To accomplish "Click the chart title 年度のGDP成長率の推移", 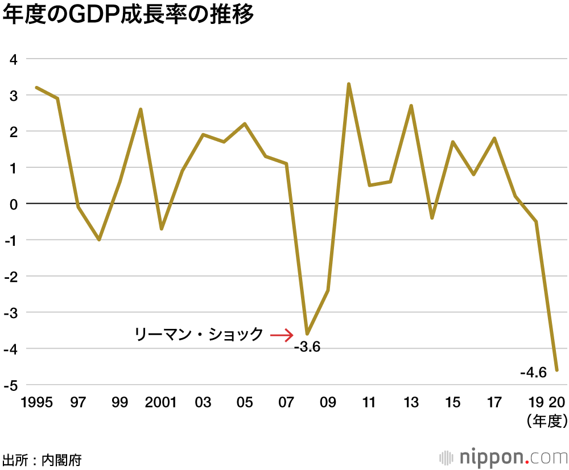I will coord(127,16).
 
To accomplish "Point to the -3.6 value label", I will coord(307,347).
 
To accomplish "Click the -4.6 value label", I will coord(533,373).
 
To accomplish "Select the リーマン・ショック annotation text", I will coord(199,334).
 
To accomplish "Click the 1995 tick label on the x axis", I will coord(36,402).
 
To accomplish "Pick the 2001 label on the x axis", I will coord(161,402).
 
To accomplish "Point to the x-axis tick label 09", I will coord(328,402).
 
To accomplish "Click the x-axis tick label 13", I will coord(411,402).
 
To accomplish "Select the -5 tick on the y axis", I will coord(11,385).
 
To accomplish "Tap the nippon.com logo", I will coord(503,457).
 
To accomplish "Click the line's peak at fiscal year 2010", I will coord(349,84).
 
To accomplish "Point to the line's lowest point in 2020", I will coord(557,370).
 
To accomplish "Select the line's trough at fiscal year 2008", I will coord(307,333).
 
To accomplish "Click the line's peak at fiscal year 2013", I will coord(411,106).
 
